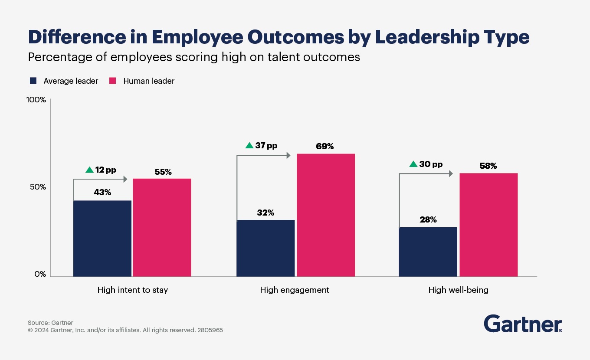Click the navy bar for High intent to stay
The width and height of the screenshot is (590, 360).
tap(102, 238)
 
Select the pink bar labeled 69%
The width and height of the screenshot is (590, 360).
tap(325, 215)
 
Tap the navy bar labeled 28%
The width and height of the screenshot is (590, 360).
tap(428, 252)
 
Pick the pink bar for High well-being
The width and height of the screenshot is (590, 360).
tap(488, 225)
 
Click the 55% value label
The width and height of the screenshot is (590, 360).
tap(163, 172)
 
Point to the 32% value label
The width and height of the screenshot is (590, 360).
tap(265, 213)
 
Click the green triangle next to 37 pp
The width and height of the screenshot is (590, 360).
tap(249, 146)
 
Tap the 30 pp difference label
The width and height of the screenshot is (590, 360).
tap(431, 164)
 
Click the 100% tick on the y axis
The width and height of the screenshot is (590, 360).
tap(36, 100)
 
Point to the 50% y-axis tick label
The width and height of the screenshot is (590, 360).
tap(37, 187)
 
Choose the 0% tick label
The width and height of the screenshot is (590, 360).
tap(39, 274)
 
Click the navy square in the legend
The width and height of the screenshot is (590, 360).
tap(33, 81)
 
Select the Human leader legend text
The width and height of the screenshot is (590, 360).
tap(149, 81)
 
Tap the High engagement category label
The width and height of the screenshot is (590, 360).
tap(295, 290)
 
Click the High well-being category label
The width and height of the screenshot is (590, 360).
tap(458, 290)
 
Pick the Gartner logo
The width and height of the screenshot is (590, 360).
tap(523, 324)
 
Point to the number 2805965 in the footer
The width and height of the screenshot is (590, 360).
tap(210, 330)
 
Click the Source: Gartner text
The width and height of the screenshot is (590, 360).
tap(50, 323)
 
